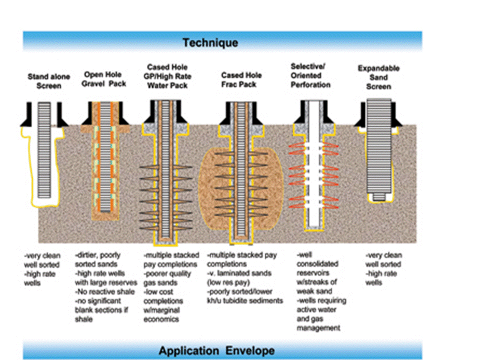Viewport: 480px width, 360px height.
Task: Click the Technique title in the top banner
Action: click(x=210, y=42)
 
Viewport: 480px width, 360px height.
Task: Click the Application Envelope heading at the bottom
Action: click(x=216, y=350)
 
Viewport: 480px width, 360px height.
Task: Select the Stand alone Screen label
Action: click(x=44, y=81)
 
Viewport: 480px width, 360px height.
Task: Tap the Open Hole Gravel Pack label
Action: click(x=104, y=79)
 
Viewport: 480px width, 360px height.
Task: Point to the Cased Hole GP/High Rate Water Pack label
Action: click(x=169, y=76)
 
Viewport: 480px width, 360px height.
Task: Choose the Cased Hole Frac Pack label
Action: click(x=241, y=80)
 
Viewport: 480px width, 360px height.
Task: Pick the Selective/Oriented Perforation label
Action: click(x=310, y=75)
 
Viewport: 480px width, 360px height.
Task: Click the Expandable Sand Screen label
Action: click(x=378, y=77)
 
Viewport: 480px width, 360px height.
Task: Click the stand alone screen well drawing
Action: click(x=44, y=150)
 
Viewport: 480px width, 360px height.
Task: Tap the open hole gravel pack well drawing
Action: click(x=104, y=160)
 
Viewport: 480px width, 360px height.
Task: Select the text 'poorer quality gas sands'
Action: click(x=167, y=277)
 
